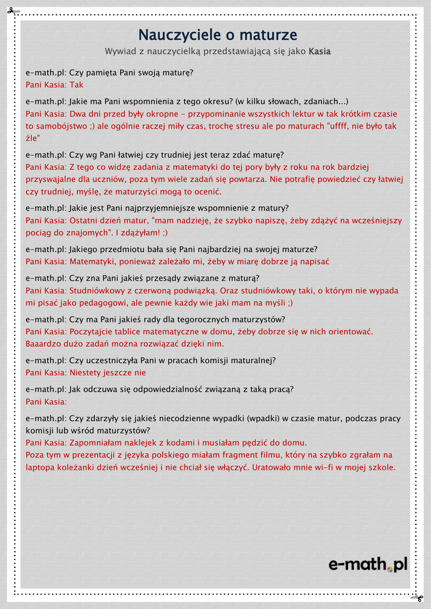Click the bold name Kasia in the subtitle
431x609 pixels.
[320, 52]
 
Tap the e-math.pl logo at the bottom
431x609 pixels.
[368, 564]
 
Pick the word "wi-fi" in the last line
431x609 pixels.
[326, 467]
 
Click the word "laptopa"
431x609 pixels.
[41, 467]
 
